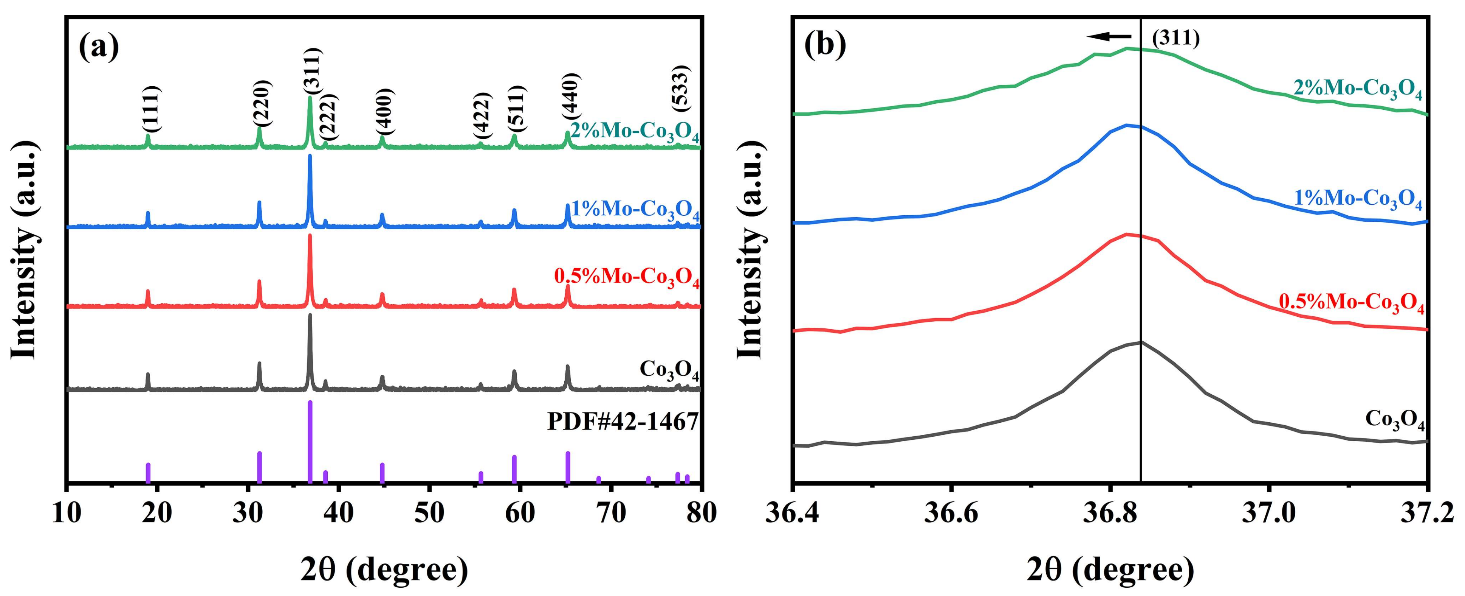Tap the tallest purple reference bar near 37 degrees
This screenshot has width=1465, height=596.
310,441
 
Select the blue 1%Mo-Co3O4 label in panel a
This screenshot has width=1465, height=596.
635,210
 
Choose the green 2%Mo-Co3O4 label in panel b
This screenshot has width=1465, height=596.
1358,89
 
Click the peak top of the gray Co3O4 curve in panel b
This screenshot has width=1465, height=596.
1140,342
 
